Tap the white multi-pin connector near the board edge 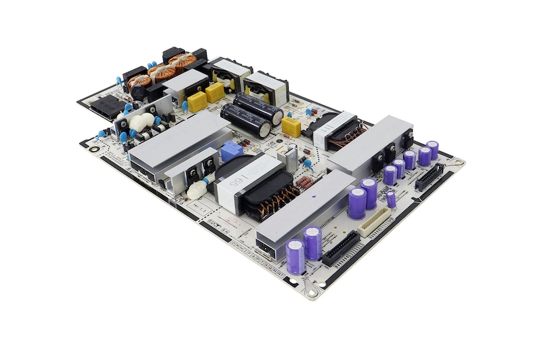375,222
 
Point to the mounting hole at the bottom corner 311,292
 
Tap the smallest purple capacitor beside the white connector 392,199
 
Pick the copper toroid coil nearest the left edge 140,83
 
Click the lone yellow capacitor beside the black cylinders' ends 291,127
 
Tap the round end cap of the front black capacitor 264,129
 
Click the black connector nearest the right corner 430,177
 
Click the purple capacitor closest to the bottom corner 295,256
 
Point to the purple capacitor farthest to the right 432,150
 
